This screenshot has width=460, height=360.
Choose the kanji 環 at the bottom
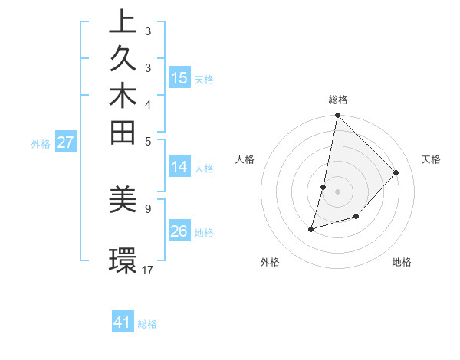(x=123, y=260)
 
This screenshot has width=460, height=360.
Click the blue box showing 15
(x=179, y=77)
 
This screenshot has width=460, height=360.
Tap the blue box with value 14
(x=179, y=167)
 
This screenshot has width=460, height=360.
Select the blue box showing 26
(x=179, y=231)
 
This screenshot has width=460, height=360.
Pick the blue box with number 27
(x=66, y=142)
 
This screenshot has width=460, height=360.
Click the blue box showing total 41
(x=123, y=322)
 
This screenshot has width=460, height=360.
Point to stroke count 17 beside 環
(x=148, y=270)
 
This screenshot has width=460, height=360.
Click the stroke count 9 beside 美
(x=147, y=208)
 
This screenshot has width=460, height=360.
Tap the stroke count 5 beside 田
(x=147, y=141)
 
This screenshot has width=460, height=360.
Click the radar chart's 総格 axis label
(x=338, y=100)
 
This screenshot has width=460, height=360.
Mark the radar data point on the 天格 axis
(x=396, y=172)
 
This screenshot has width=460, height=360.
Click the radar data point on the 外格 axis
(x=311, y=229)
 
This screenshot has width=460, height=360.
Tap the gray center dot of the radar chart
(x=337, y=191)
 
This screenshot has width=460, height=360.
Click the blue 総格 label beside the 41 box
(x=147, y=324)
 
